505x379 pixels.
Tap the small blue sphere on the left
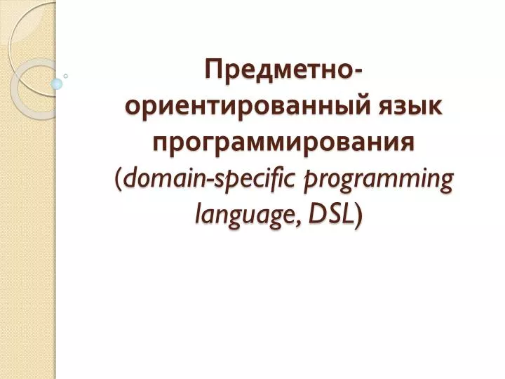(x=58, y=84)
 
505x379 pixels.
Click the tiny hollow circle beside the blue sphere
(x=66, y=75)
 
